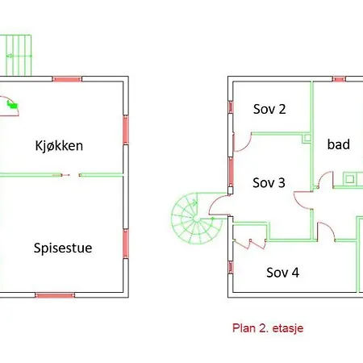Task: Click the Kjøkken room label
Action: (x=59, y=146)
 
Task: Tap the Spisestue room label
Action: (x=63, y=248)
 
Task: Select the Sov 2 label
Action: (x=269, y=109)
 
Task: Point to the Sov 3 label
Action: (x=269, y=183)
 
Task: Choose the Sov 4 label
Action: (x=282, y=273)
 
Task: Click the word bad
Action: (x=339, y=144)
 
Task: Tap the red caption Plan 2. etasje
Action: (x=268, y=328)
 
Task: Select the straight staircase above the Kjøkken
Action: (x=16, y=55)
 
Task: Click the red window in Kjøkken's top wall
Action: (x=67, y=79)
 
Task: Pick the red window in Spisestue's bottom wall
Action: (x=55, y=295)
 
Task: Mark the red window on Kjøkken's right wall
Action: (x=126, y=130)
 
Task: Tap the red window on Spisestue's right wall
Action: (x=126, y=244)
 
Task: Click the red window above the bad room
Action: (x=339, y=79)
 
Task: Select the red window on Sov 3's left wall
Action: (x=231, y=172)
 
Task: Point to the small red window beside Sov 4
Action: (x=231, y=267)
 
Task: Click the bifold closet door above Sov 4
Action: (x=250, y=244)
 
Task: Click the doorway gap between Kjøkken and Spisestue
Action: (x=70, y=175)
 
